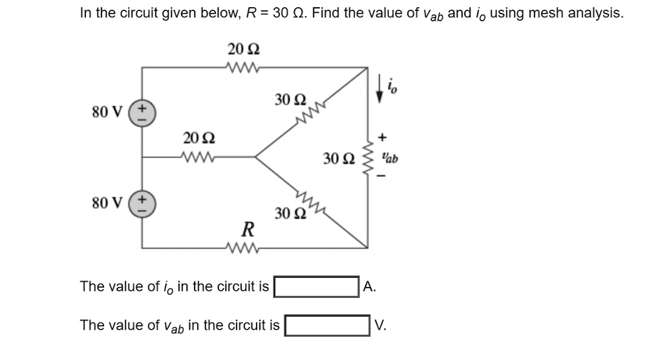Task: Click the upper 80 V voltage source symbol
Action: [x=142, y=111]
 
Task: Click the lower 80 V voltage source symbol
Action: [x=142, y=202]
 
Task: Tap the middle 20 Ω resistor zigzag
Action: [x=194, y=156]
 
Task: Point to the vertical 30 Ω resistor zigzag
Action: [x=369, y=157]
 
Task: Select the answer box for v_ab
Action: [x=328, y=325]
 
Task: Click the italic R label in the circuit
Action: [x=246, y=229]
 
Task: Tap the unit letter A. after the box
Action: [x=369, y=286]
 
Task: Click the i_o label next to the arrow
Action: [x=392, y=85]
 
